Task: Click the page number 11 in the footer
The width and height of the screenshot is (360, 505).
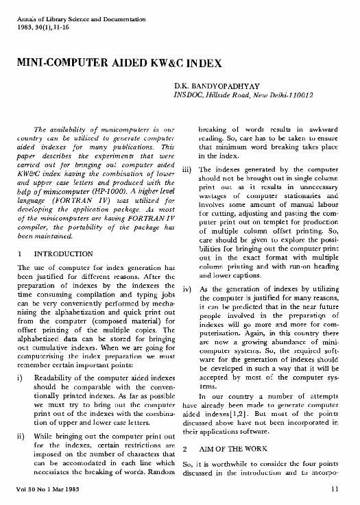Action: point(334,489)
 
